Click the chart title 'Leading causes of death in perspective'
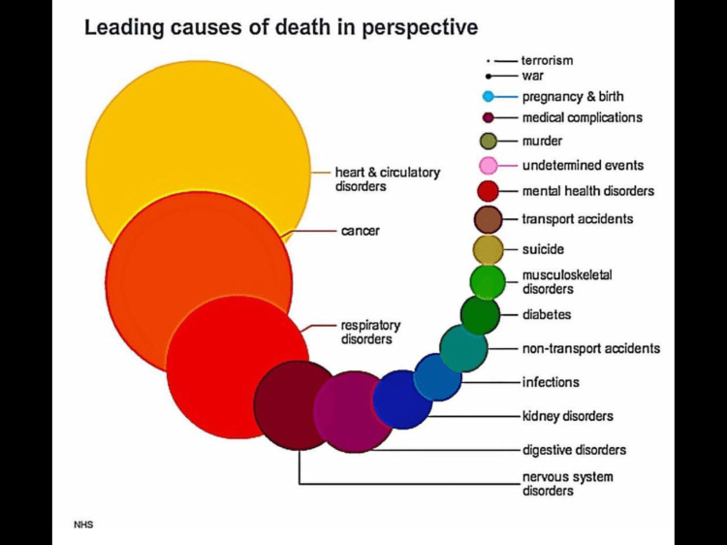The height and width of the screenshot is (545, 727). click(280, 26)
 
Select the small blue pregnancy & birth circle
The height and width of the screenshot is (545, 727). click(490, 96)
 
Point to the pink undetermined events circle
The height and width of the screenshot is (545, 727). click(490, 166)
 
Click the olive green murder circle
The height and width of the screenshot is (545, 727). click(490, 142)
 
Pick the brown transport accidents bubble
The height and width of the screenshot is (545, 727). click(489, 219)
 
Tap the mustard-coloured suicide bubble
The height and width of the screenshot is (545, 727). click(488, 249)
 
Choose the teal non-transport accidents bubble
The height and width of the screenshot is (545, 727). click(463, 348)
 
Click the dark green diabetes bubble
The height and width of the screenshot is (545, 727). click(480, 315)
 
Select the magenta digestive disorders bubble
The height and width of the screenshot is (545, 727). click(349, 412)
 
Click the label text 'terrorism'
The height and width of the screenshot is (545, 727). click(547, 60)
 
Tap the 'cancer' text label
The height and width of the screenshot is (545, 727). click(360, 232)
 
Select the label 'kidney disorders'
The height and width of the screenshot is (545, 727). click(567, 416)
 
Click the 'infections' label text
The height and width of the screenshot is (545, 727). click(551, 382)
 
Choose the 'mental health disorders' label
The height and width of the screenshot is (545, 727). click(587, 191)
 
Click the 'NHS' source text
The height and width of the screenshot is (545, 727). click(84, 525)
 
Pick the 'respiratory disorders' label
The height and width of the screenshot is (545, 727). click(370, 332)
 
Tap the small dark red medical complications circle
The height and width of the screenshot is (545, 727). click(490, 118)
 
